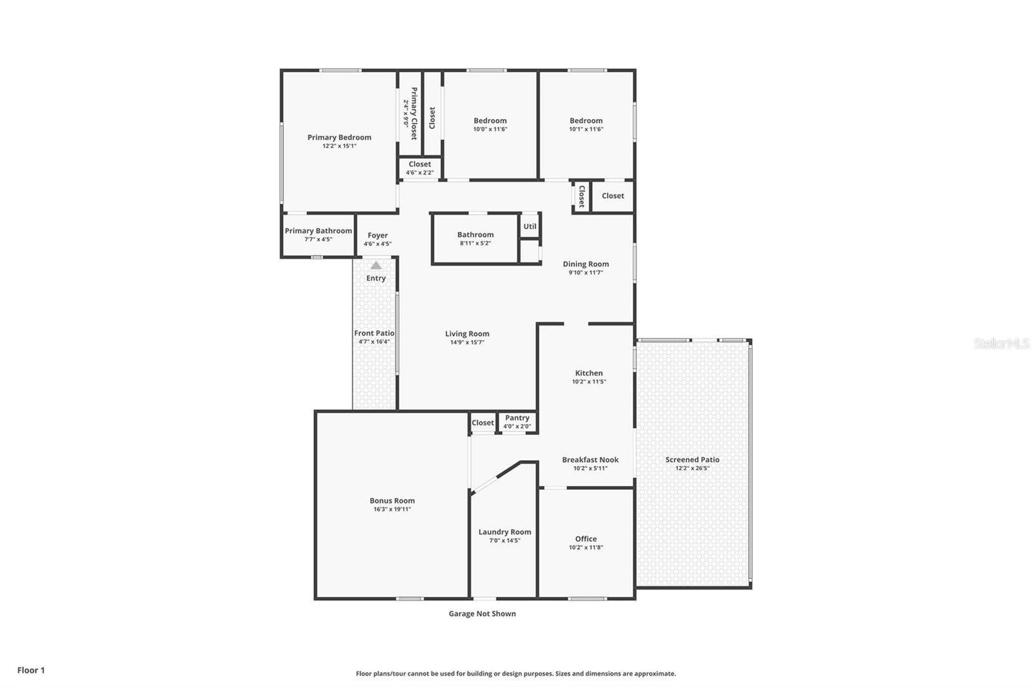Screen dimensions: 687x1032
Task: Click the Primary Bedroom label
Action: [x=339, y=137]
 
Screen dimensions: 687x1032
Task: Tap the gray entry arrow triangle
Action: [x=376, y=266]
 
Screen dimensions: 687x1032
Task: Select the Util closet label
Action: [x=530, y=226]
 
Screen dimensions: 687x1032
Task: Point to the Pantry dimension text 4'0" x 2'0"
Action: [x=517, y=426]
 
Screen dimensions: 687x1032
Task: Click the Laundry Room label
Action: [x=504, y=532]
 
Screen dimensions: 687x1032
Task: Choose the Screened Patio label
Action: [x=692, y=460]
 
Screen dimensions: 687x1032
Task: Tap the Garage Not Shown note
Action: [x=482, y=614]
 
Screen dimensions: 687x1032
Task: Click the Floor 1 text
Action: [x=31, y=670]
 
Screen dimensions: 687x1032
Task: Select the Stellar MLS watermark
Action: [x=1001, y=344]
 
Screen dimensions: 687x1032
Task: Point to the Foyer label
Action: [x=377, y=235]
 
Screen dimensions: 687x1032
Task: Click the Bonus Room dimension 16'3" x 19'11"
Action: [x=392, y=509]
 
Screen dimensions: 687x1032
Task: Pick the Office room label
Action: [x=586, y=539]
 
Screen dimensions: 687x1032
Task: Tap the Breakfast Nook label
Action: [x=590, y=460]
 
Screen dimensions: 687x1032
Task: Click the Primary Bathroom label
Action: [x=318, y=231]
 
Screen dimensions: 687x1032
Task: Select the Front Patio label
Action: [x=374, y=333]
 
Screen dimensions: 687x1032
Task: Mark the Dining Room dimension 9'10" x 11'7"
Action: [x=586, y=273]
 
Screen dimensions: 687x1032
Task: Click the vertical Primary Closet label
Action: [x=413, y=113]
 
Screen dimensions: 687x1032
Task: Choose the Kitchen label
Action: [x=589, y=373]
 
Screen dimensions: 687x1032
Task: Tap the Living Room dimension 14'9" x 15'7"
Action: [x=467, y=342]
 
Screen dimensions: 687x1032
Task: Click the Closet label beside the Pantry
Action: [x=482, y=423]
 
